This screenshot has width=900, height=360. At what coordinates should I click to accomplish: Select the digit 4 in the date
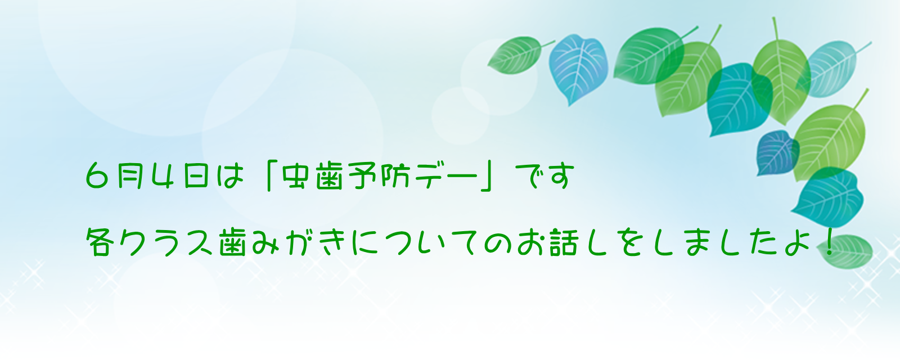click(163, 176)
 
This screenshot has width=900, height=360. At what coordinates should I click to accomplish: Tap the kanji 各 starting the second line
click(99, 242)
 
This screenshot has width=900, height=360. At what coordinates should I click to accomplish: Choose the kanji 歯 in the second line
click(232, 242)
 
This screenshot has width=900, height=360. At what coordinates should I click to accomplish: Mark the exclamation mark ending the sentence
click(829, 242)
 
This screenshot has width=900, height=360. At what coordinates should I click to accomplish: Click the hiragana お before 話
click(532, 242)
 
